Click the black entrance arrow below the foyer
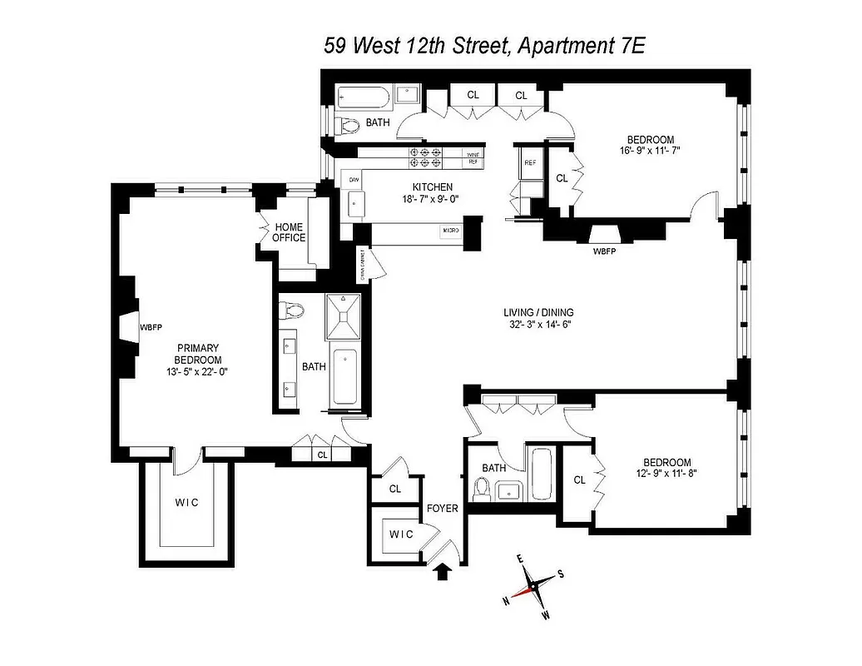(443, 570)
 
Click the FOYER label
(442, 508)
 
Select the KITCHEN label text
(432, 187)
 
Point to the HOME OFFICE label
(290, 232)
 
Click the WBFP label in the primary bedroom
(151, 327)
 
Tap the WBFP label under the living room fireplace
(605, 250)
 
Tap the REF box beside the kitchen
(529, 163)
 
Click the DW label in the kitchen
(354, 180)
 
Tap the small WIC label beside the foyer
(401, 534)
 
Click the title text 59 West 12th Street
(417, 45)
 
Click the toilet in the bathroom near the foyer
(482, 490)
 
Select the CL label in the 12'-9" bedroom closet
(579, 480)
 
